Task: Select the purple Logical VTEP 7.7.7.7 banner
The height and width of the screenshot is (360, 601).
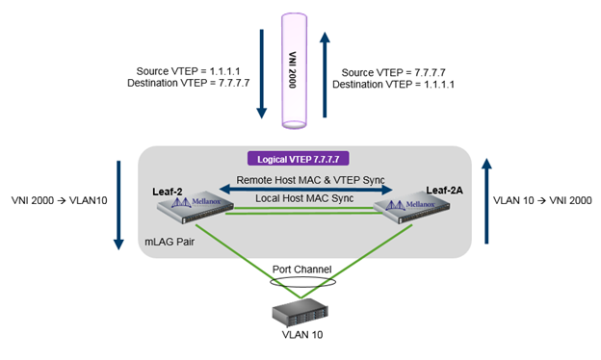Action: click(x=299, y=157)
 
